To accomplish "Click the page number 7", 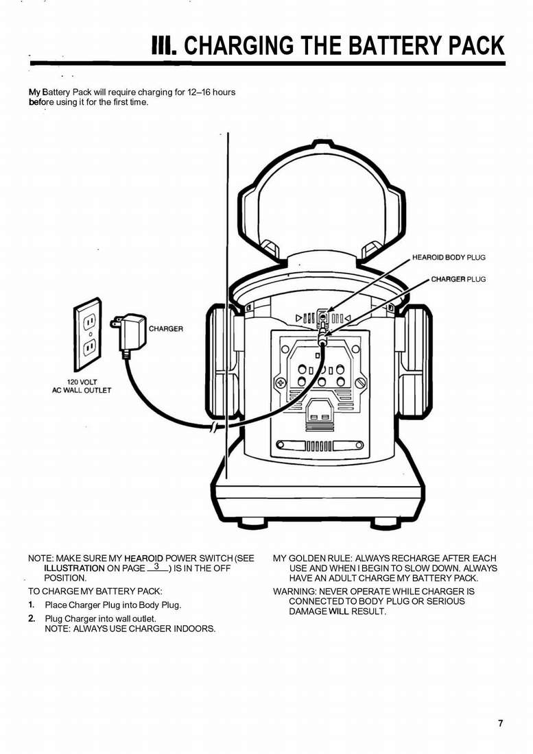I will (x=501, y=723).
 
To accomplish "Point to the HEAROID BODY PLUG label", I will (x=449, y=258).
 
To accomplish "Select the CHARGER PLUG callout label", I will (x=458, y=280).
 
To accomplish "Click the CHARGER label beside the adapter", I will (x=166, y=329).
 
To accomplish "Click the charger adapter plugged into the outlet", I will (x=130, y=332).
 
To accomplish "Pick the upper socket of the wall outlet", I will (x=88, y=320).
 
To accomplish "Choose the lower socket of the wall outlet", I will (x=88, y=348).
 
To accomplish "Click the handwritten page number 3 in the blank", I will (x=157, y=567).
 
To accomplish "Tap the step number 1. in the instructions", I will (x=32, y=605).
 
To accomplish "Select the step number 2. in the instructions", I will (x=32, y=618).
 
